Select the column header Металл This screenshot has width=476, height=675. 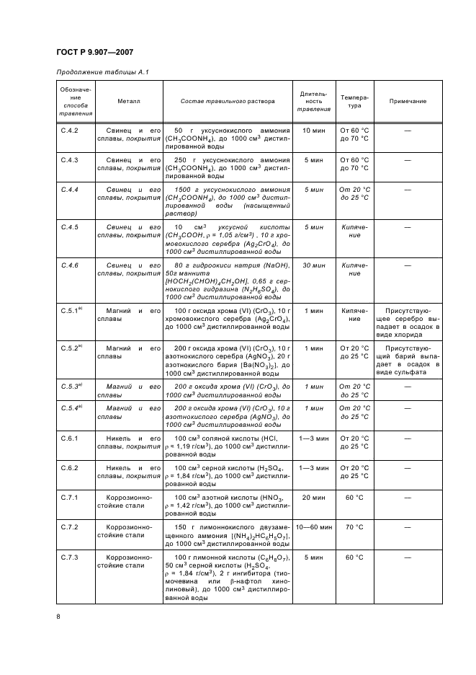point(130,102)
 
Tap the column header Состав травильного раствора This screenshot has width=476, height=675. point(228,102)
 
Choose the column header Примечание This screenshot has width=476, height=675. point(408,102)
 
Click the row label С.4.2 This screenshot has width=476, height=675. point(70,131)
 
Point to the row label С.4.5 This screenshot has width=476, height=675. point(70,226)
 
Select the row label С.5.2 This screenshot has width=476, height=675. point(71,348)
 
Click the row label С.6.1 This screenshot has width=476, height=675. point(70,438)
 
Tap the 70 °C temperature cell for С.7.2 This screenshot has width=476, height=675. point(354,527)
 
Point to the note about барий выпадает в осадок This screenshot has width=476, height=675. point(408,360)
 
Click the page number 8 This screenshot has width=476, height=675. point(58,617)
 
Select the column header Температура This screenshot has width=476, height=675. point(354,102)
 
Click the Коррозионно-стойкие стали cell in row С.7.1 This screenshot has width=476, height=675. point(130,502)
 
